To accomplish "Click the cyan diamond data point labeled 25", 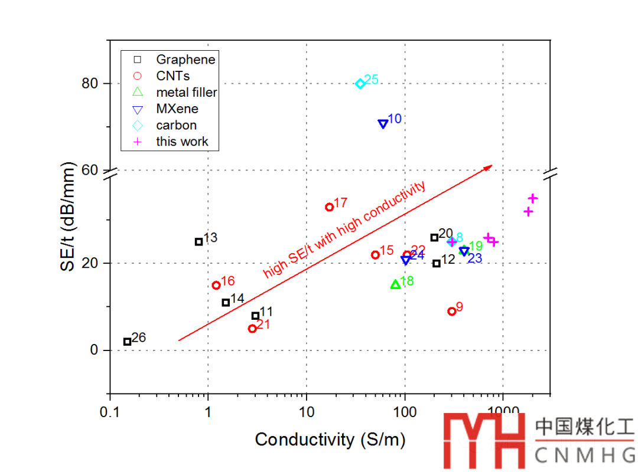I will point(360,84).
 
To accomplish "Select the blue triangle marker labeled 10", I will point(383,124).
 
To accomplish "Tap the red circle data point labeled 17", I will point(330,207).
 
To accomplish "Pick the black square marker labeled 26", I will point(127,342).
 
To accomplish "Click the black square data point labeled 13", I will point(199,241).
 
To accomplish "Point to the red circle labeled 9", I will point(452,312).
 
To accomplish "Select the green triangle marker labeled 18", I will point(395,284).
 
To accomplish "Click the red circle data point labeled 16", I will point(216,285).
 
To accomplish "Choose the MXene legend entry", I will point(177,109).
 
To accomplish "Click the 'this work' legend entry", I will point(182,142).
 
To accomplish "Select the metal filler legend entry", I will point(187,93).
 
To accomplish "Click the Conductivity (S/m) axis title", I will point(330,440).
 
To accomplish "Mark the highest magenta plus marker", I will point(533,198).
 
